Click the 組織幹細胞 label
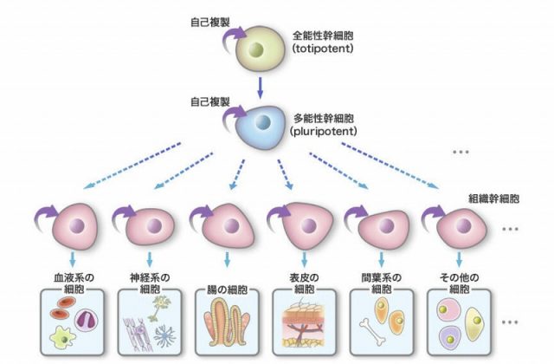493,198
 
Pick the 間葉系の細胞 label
377,283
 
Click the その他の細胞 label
455,283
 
